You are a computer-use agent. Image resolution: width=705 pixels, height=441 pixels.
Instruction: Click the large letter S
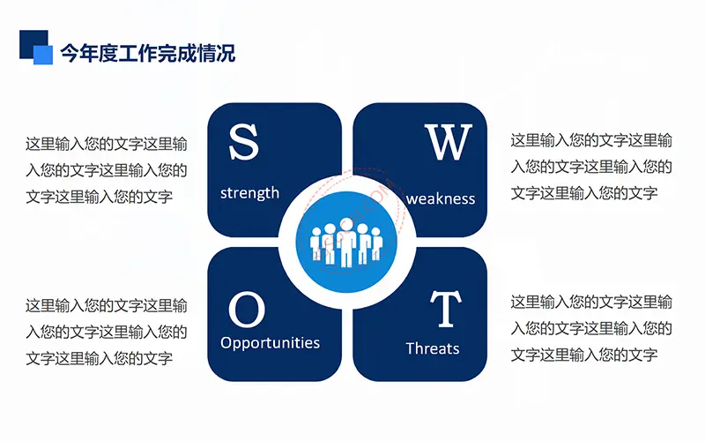click(244, 142)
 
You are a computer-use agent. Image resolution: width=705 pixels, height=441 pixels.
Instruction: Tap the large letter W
click(449, 142)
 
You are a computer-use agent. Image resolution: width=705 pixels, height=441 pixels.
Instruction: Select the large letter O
click(247, 310)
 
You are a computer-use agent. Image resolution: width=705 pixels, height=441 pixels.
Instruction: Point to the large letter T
click(446, 309)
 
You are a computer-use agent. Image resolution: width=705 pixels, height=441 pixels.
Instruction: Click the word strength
click(249, 193)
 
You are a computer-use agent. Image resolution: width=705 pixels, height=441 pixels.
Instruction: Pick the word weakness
click(440, 199)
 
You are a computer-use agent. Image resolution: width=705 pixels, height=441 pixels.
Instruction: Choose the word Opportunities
click(270, 343)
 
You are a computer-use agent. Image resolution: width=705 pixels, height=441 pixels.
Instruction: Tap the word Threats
click(433, 348)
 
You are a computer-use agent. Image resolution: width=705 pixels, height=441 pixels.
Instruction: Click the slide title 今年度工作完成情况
click(148, 53)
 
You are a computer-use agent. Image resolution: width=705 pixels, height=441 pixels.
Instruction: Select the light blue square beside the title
click(43, 55)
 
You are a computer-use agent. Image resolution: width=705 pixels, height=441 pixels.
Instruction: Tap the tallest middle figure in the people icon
click(346, 242)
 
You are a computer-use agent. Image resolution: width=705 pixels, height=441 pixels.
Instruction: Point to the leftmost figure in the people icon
click(316, 243)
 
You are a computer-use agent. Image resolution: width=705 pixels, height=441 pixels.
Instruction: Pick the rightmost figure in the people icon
click(377, 243)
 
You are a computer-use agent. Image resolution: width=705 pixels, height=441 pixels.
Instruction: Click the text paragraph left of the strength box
click(106, 170)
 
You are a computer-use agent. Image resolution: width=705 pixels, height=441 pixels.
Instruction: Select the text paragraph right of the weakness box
click(591, 167)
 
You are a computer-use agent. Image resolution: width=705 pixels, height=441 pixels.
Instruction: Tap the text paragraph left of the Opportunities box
click(106, 333)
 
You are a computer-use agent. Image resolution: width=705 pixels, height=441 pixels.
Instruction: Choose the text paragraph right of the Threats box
click(591, 328)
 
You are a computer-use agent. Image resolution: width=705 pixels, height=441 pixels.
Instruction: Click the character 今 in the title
click(70, 54)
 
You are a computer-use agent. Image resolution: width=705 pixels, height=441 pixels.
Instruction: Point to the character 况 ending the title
click(226, 54)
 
